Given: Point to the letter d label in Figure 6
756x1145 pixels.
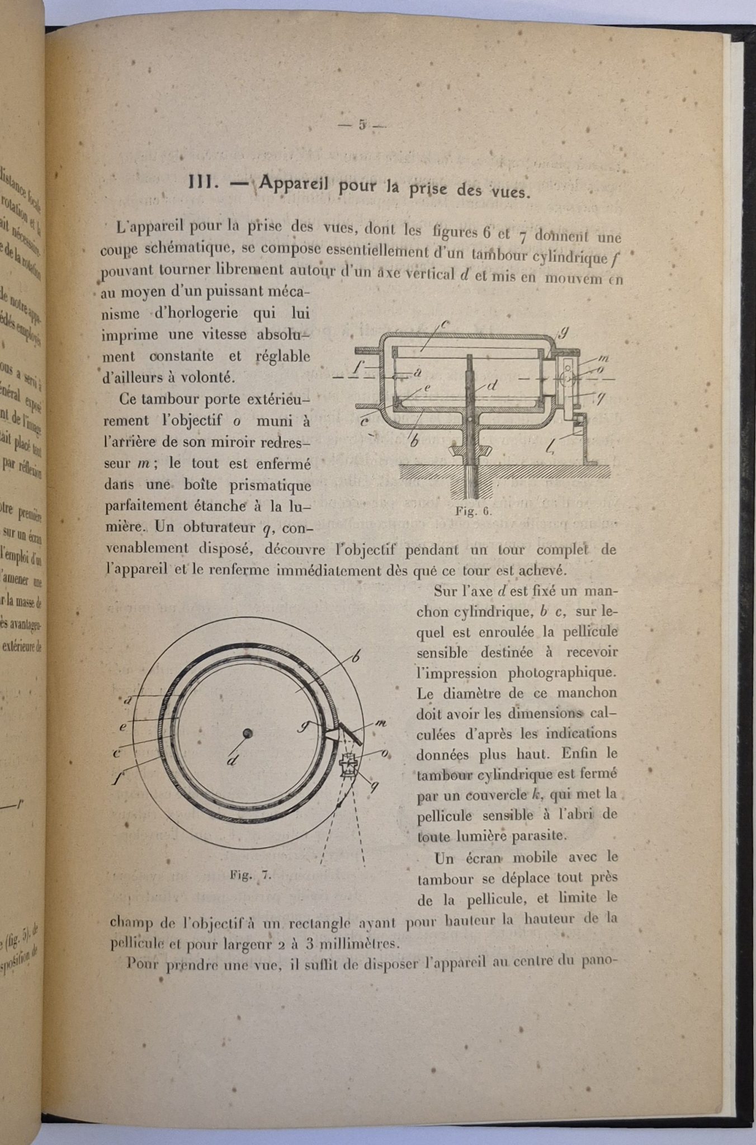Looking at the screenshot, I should point(492,386).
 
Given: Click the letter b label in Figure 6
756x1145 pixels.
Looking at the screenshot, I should point(415,440).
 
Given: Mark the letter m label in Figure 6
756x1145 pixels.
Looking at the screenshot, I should point(603,358).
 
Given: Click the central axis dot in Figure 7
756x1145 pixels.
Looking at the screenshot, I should point(247,734).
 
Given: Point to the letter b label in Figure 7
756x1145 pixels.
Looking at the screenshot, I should point(355,658).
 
